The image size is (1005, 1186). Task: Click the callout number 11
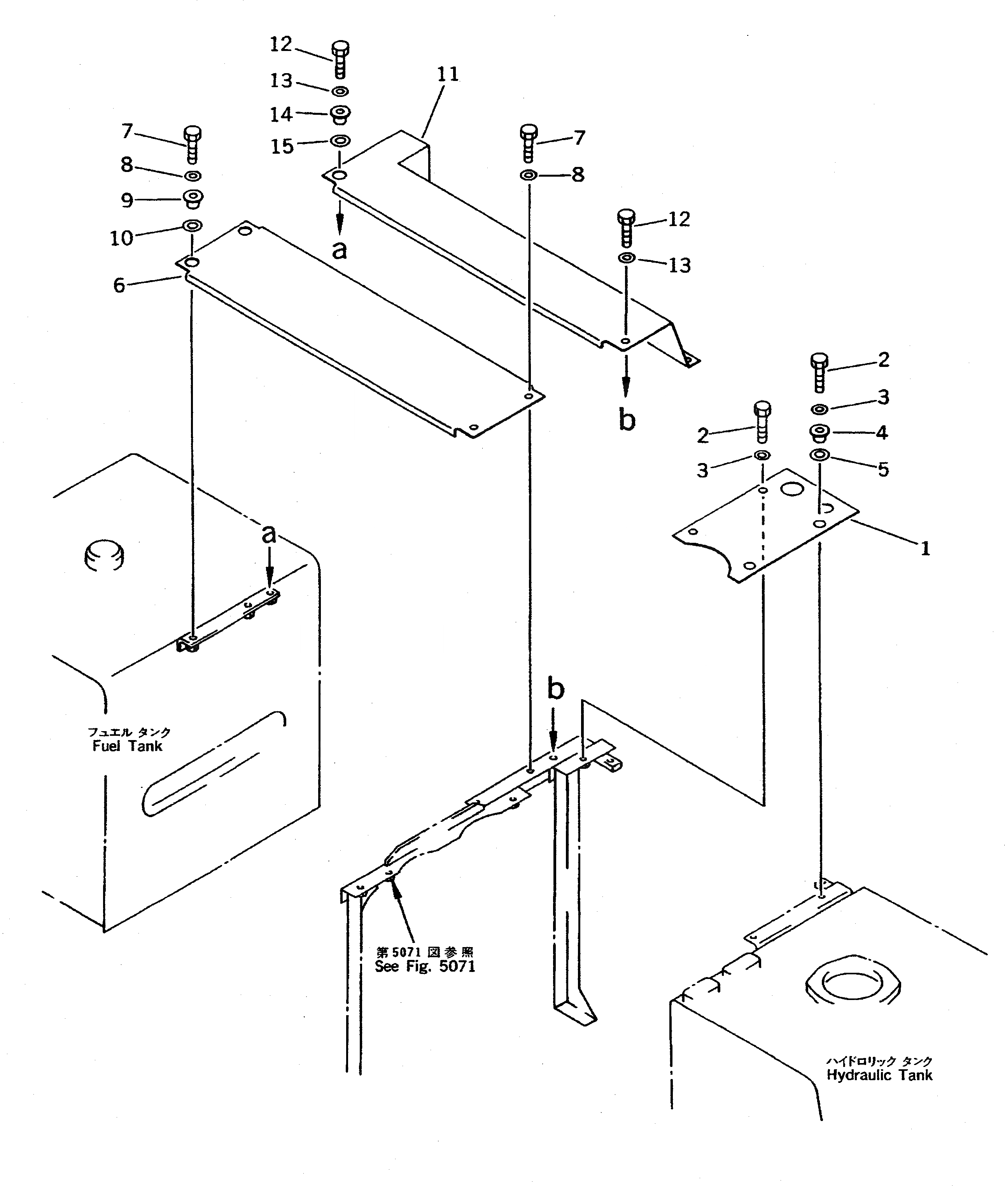(x=448, y=75)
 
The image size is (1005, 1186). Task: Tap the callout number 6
(x=119, y=285)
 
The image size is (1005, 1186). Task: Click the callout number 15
(x=282, y=146)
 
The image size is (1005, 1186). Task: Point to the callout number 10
(x=121, y=238)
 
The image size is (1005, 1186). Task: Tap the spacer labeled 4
(x=819, y=433)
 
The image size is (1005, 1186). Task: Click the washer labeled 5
(x=819, y=455)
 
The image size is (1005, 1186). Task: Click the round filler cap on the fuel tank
(x=104, y=554)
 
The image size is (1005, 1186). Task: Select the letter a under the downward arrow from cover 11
(x=340, y=250)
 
